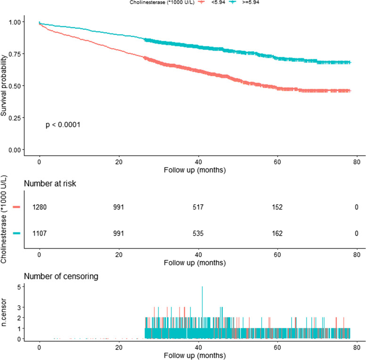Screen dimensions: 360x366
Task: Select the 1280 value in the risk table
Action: [40, 207]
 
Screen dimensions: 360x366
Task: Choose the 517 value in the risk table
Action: [198, 207]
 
